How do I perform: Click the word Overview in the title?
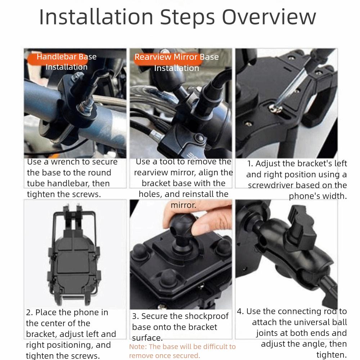point(269,17)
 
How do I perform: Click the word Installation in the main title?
point(96,17)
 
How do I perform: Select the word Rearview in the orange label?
point(153,57)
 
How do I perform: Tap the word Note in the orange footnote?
point(138,346)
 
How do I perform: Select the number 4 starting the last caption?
point(240,311)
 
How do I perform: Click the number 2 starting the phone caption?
point(29,312)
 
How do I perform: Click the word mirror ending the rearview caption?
point(184,205)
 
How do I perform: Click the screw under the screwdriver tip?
point(275,108)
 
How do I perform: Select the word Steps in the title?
point(187,17)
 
